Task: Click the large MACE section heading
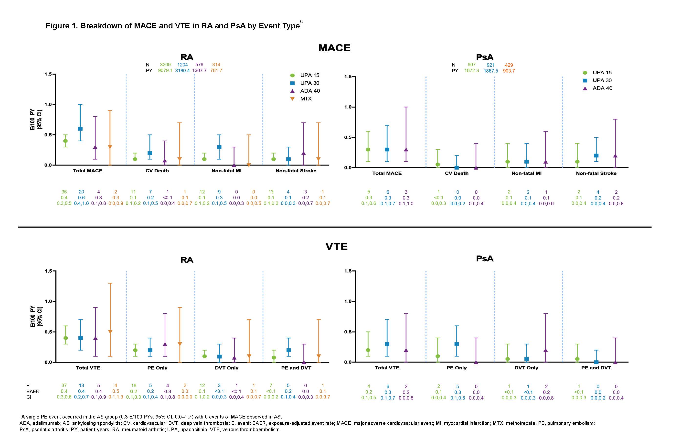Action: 334,47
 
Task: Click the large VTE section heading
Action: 337,246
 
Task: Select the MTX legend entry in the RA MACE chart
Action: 306,99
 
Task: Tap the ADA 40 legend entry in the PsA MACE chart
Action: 602,88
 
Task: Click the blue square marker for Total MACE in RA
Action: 80,129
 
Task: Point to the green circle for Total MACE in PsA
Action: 368,149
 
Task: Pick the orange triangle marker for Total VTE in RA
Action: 110,332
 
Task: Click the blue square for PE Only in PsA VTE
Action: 457,344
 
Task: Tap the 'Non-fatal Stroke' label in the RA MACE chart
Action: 296,171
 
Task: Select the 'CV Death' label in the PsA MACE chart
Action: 457,173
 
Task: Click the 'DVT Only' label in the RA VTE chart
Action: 227,368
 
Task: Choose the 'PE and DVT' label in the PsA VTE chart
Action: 596,368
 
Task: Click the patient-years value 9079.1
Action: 165,70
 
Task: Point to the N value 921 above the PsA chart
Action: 491,65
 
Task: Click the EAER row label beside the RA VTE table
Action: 33,391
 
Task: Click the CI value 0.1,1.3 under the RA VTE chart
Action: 116,397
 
